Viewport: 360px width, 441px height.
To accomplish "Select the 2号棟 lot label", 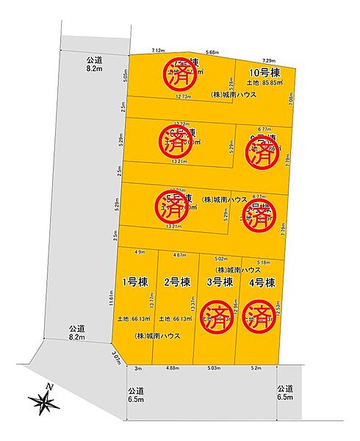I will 176,282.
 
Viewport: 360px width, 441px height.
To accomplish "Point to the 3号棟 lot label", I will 218,282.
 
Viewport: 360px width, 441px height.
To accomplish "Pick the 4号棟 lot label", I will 262,282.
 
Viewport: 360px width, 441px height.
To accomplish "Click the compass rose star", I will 46,401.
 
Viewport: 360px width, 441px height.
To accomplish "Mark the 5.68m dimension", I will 213,52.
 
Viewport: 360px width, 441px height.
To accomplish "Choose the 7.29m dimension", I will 268,60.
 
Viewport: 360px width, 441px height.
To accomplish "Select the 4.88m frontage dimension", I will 173,367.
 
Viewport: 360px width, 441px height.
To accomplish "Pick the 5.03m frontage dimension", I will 214,367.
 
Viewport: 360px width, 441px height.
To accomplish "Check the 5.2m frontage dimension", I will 255,367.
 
